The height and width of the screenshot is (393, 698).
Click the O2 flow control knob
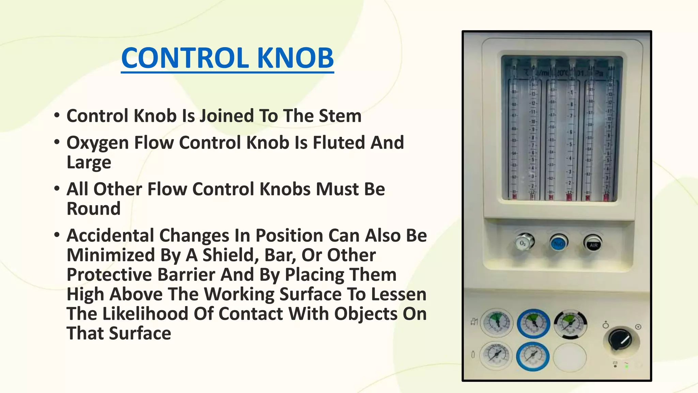[524, 243]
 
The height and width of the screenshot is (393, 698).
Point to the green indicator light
[626, 366]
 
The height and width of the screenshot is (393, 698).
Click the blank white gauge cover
[570, 357]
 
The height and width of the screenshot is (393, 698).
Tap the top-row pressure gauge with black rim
[570, 324]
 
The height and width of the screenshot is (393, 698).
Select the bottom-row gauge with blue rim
[533, 356]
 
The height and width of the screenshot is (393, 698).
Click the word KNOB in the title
[295, 58]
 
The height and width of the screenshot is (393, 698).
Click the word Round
[93, 209]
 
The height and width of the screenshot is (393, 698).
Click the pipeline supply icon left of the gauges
[474, 322]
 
